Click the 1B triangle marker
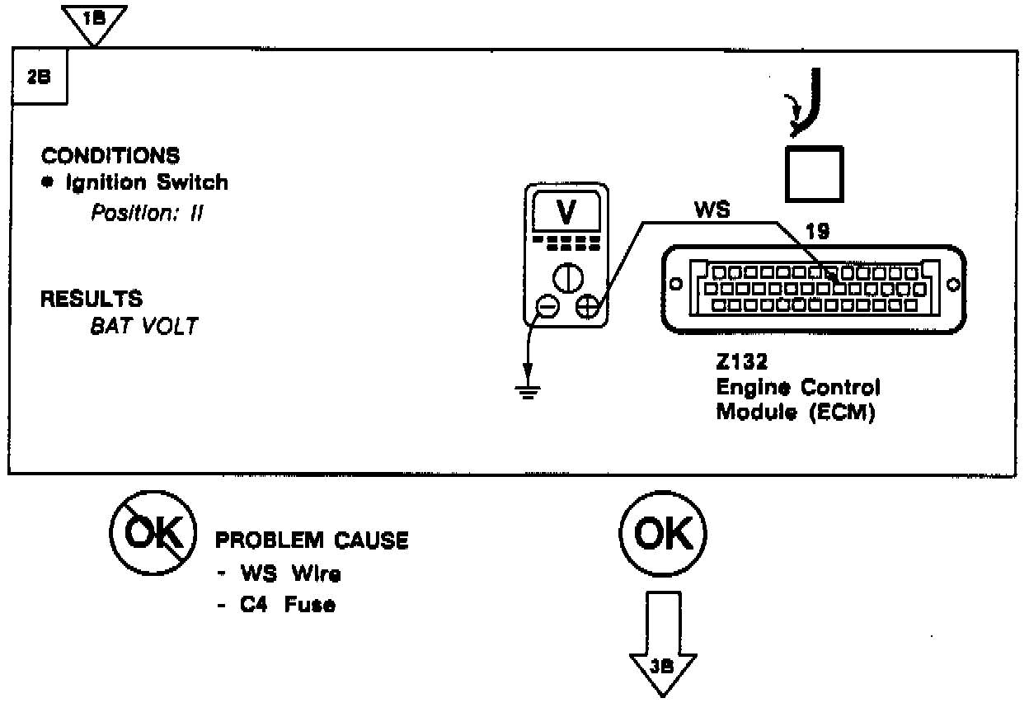point(95,20)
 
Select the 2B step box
point(40,77)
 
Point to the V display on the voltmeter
point(566,213)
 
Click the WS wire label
point(712,210)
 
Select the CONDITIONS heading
point(110,156)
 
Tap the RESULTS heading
point(92,298)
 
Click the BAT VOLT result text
point(144,326)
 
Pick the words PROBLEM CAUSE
point(312,540)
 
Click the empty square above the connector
point(813,173)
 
